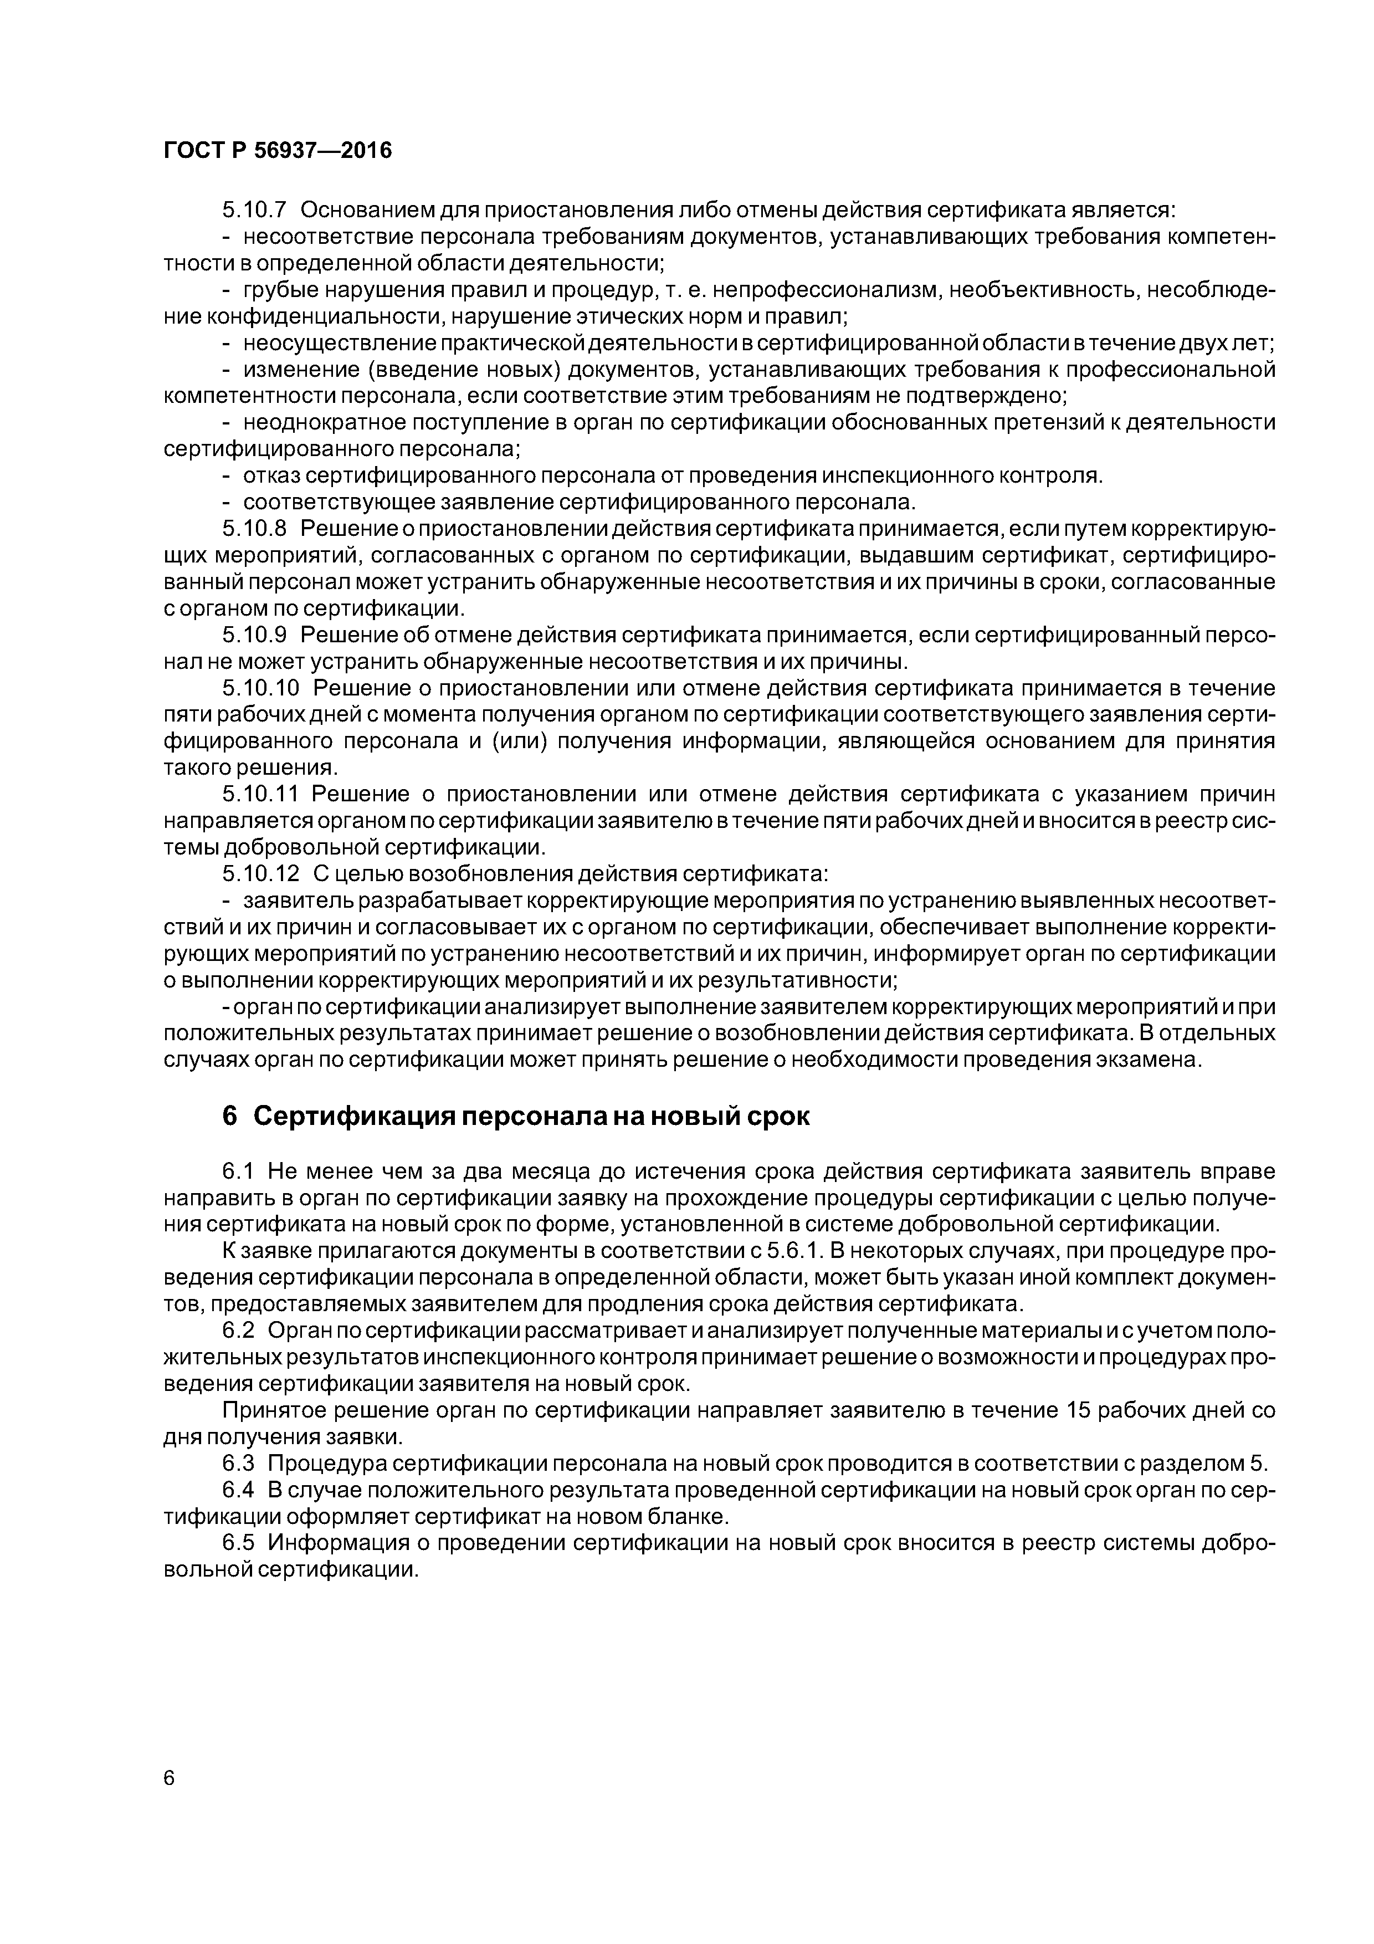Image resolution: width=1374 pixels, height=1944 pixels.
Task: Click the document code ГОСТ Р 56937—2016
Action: click(x=278, y=151)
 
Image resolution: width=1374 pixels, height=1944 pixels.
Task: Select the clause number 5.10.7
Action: click(x=255, y=209)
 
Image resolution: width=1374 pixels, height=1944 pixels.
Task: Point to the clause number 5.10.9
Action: click(x=255, y=635)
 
